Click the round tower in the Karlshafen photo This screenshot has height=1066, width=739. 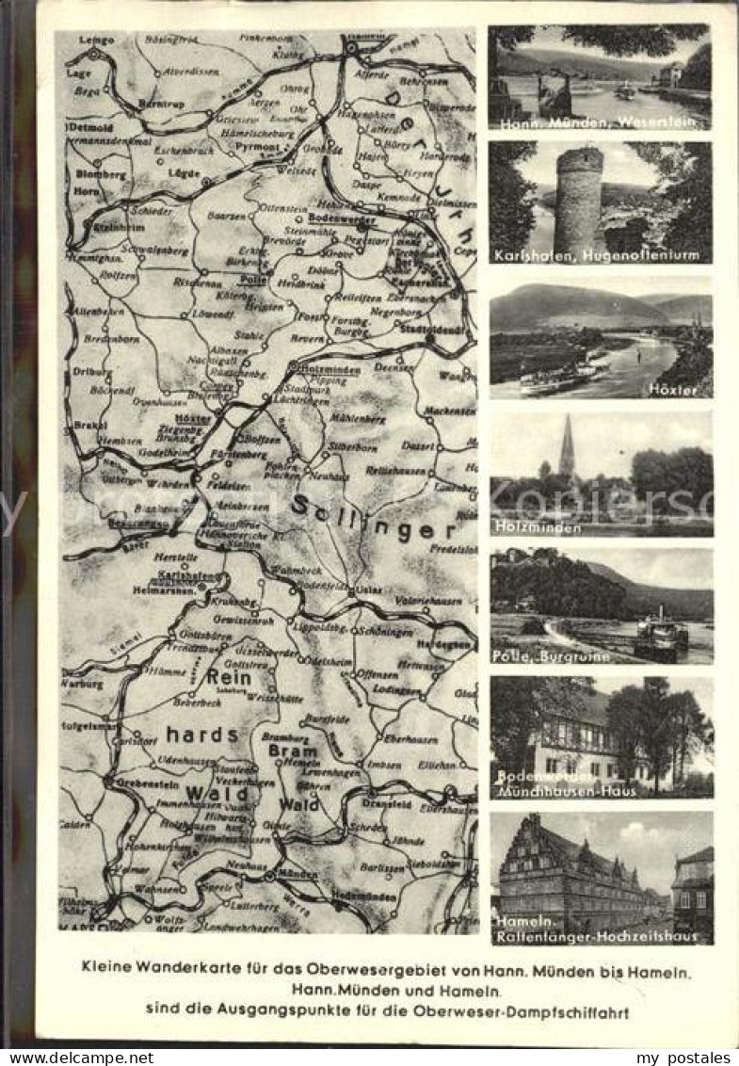click(578, 200)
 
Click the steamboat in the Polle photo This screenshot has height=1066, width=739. click(660, 638)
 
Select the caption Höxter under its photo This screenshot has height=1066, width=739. click(677, 389)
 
